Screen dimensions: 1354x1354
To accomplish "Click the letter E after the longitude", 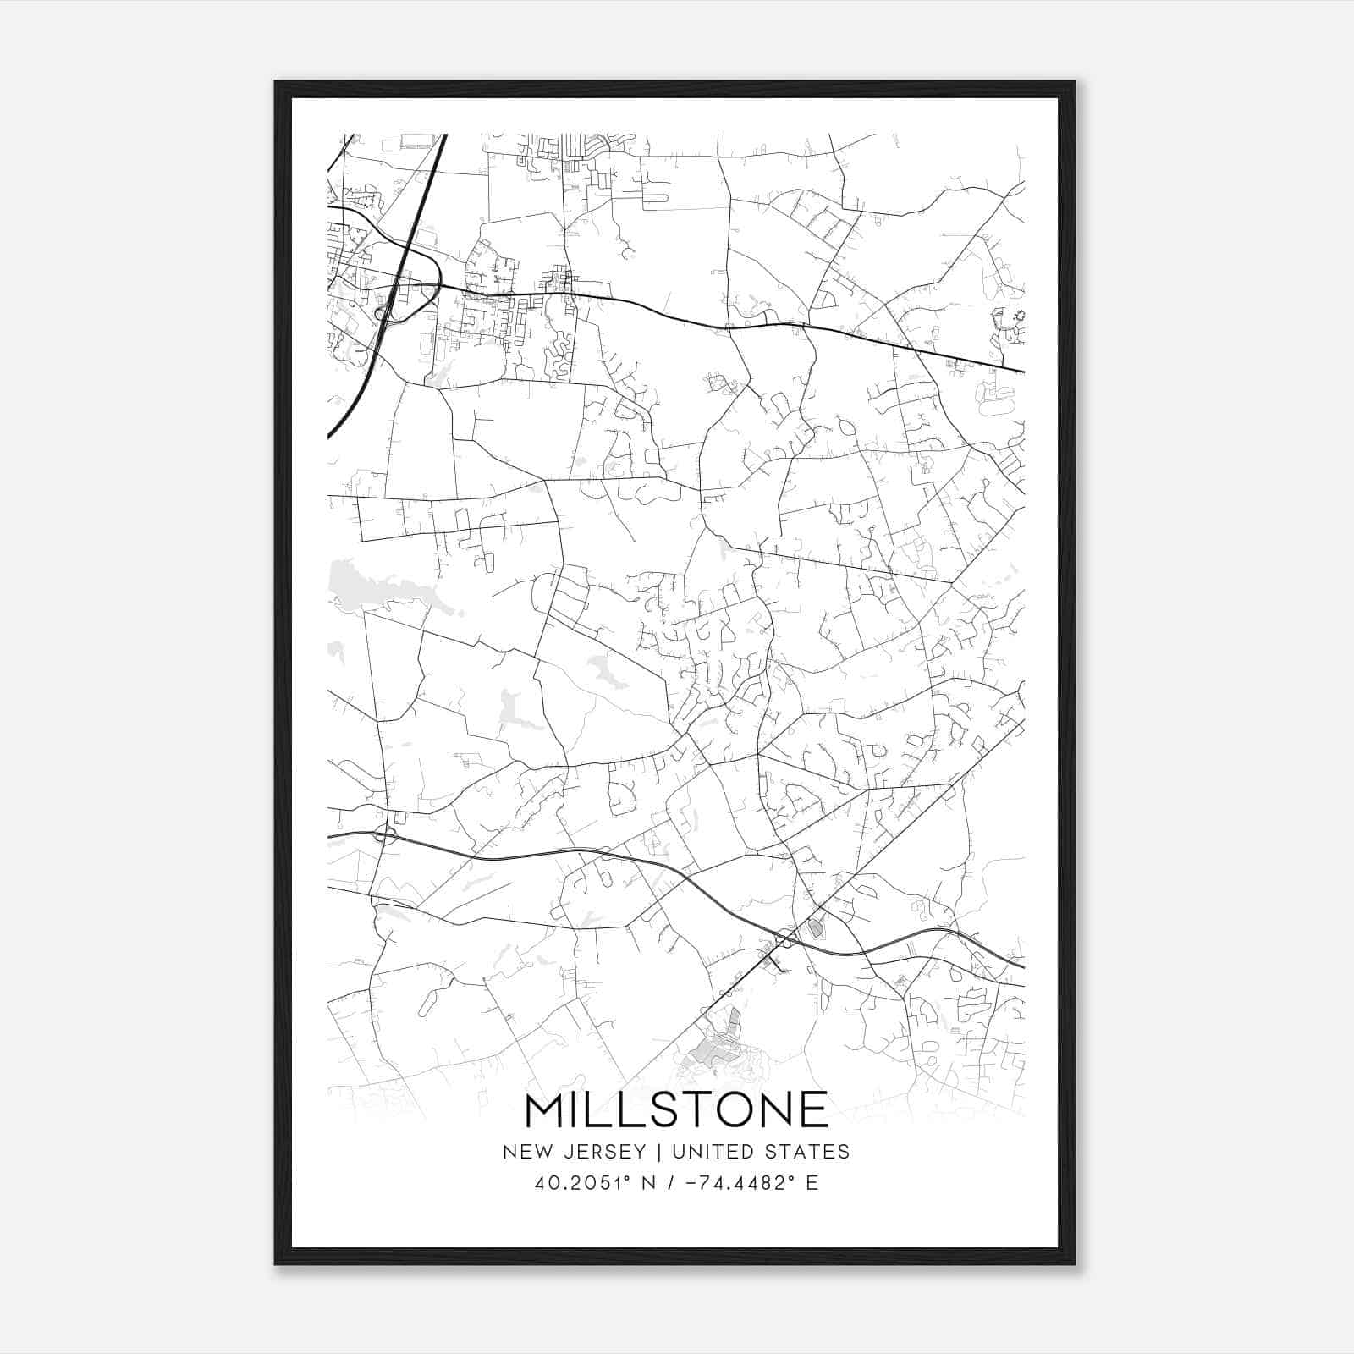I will tap(812, 1183).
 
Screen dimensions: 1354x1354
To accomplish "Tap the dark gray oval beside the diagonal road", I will tap(816, 928).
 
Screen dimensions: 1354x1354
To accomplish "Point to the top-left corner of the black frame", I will tap(276, 82).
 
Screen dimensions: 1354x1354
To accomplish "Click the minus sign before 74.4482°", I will tap(690, 1183).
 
